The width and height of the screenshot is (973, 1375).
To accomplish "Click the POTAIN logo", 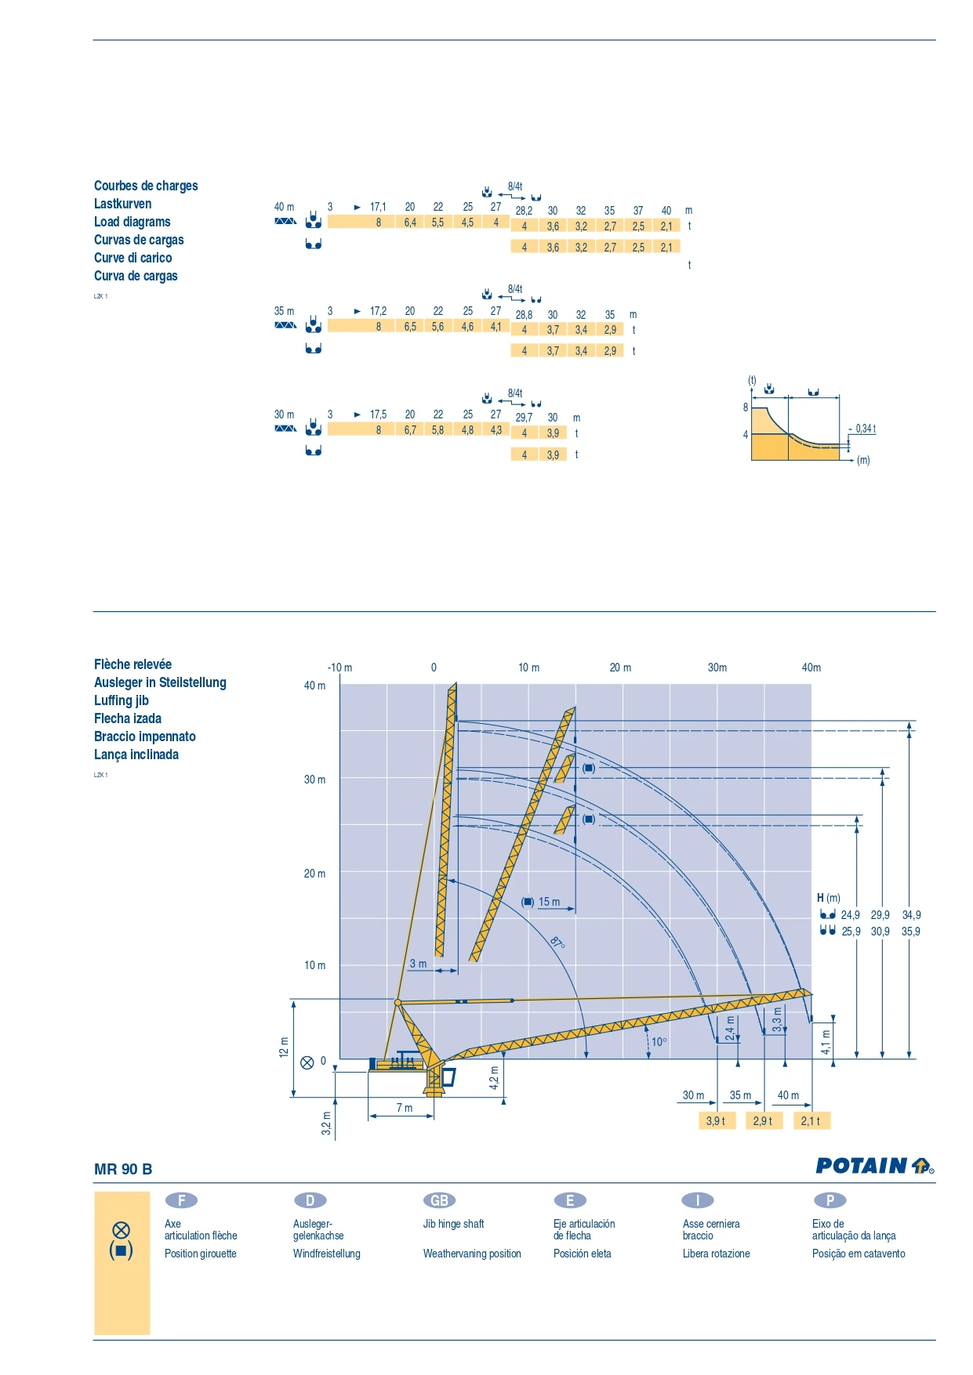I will click(x=873, y=1166).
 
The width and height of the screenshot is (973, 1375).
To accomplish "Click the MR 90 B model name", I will click(x=123, y=1169).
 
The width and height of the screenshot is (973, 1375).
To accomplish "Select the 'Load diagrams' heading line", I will click(x=132, y=222).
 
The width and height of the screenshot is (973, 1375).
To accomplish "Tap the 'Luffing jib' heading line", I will click(x=121, y=700).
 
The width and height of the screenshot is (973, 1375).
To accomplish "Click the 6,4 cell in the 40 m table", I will click(x=410, y=223).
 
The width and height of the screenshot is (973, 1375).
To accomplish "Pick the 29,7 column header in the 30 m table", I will click(x=524, y=418).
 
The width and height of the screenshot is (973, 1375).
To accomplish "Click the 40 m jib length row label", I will click(x=284, y=207).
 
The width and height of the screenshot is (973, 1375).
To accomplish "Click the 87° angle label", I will click(x=557, y=942).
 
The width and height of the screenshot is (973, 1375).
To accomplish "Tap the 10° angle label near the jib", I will click(x=659, y=1042).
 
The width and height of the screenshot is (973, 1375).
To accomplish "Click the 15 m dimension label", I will click(x=549, y=902).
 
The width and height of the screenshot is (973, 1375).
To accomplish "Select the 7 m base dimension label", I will click(x=404, y=1107).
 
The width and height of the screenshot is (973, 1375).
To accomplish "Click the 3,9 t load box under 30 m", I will click(x=716, y=1121).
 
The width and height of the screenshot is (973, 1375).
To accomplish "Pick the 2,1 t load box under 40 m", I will click(x=811, y=1121).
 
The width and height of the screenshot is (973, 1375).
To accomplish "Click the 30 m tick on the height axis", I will click(x=314, y=780).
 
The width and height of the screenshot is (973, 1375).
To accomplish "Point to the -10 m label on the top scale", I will click(x=339, y=668).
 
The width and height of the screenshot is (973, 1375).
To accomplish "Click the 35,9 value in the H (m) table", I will click(x=910, y=932).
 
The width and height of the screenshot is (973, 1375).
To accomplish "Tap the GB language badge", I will click(x=439, y=1200).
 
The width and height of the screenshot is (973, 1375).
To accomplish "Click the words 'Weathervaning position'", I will click(x=472, y=1254).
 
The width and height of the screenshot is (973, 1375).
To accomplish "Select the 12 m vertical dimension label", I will click(x=284, y=1048).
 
